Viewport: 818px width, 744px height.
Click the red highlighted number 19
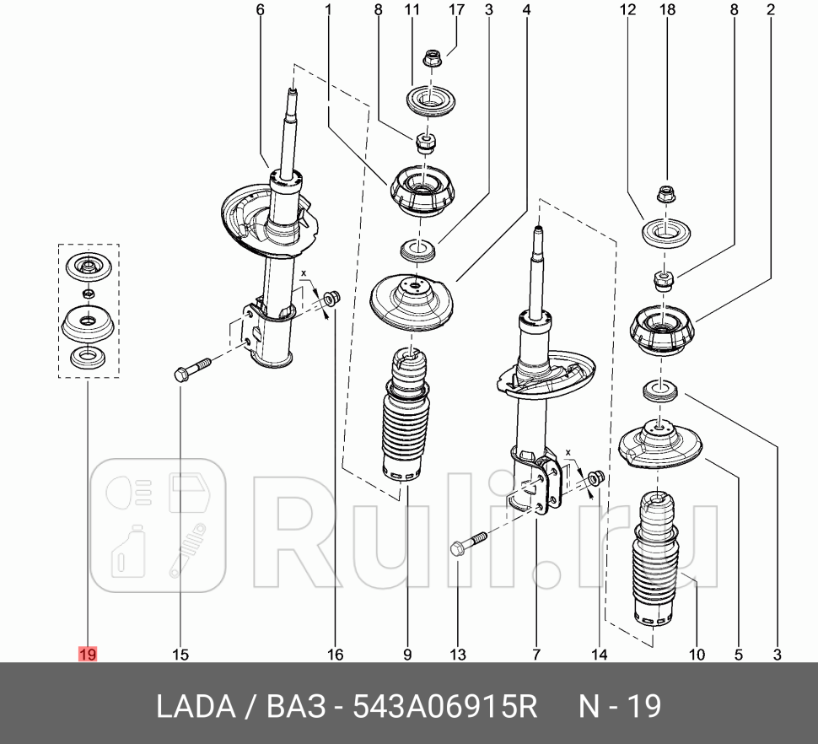(88, 654)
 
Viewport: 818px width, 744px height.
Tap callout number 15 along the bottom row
(180, 654)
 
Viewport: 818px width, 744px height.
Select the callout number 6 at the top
(260, 10)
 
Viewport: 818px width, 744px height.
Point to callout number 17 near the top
(456, 10)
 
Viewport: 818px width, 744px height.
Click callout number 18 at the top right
(666, 10)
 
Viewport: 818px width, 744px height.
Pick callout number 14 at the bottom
(599, 654)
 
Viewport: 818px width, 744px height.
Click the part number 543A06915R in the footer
(444, 706)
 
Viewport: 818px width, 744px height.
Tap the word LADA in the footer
(196, 706)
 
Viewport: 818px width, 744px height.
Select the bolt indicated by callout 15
(192, 370)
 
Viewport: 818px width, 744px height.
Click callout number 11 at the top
(412, 10)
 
